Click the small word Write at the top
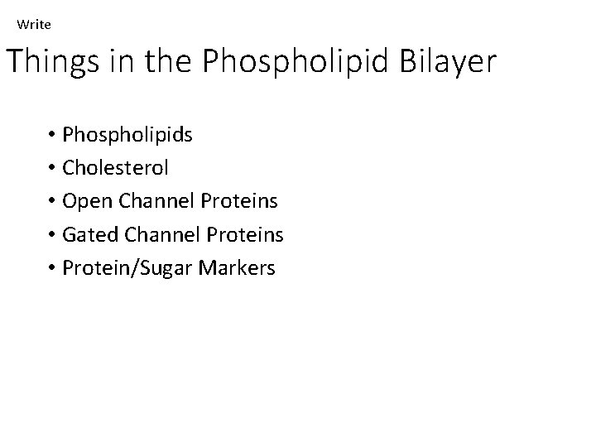34,25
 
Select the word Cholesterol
115,168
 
